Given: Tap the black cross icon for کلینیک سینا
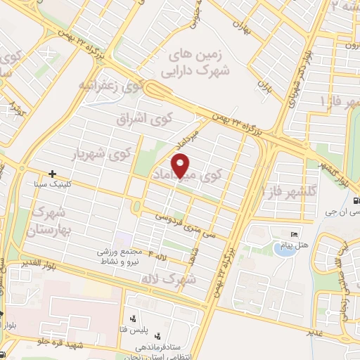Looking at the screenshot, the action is (x=53, y=173).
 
